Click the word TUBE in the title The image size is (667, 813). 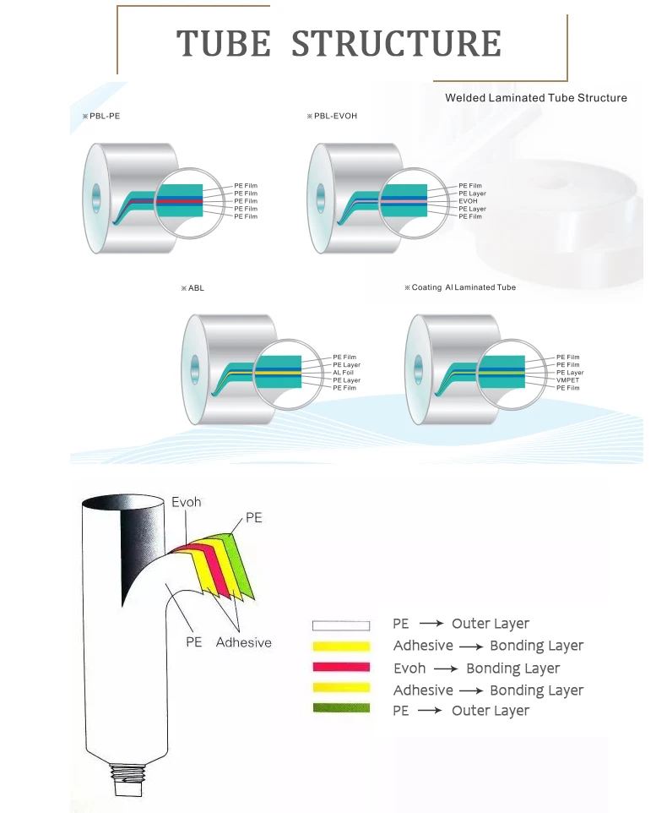coord(223,44)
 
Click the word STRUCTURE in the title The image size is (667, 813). coord(396,44)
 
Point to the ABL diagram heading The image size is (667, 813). coord(195,288)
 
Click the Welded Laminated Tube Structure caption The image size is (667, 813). coord(535,98)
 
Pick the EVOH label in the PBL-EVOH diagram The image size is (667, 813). coord(469,201)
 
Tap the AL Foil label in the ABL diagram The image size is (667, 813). coord(344,373)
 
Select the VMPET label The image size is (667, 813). coord(568,380)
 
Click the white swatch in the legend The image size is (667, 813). coord(341,626)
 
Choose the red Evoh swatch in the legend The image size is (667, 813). coord(341,668)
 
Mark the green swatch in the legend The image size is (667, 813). coord(341,708)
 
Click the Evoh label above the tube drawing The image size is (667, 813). coord(187,502)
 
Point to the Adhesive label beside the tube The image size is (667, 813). coord(243,642)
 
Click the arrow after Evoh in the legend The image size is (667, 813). coord(445,668)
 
